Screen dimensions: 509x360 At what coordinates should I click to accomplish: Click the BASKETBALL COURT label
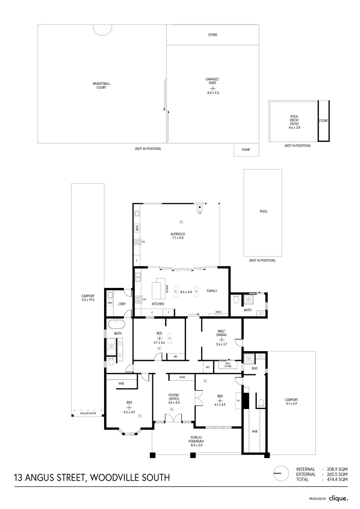[x=99, y=85]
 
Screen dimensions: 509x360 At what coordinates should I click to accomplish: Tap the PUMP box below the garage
[x=246, y=150]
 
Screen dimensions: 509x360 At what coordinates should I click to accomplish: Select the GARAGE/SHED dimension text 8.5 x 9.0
[x=213, y=93]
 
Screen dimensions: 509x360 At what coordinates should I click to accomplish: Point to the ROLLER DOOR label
[x=88, y=413]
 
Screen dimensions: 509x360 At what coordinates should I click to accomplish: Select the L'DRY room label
[x=122, y=304]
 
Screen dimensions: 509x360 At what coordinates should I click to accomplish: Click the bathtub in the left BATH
[x=115, y=325]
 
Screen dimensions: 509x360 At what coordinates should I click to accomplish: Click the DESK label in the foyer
[x=182, y=377]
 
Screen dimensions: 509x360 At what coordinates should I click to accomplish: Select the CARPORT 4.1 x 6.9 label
[x=291, y=401]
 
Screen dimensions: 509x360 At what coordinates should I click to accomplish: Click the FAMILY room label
[x=212, y=291]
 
